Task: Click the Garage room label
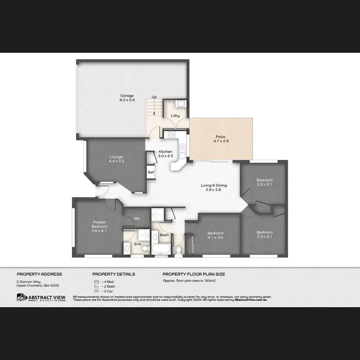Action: click(127, 98)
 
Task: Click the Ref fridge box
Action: click(151, 172)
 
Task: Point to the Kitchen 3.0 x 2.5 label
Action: click(166, 154)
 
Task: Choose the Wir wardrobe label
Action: click(137, 218)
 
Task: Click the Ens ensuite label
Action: click(137, 244)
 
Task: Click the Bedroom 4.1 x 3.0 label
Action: click(216, 236)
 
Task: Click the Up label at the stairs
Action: click(154, 97)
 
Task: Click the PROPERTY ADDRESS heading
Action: click(39, 274)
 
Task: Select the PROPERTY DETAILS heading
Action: click(114, 274)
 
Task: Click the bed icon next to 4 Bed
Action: click(96, 282)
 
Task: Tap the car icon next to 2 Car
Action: click(96, 291)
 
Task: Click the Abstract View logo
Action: click(41, 298)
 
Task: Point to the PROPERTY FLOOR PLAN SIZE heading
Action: click(194, 274)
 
